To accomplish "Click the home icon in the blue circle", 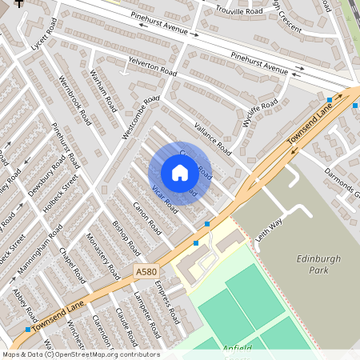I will [179, 173].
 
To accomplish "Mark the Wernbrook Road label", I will [75, 100].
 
